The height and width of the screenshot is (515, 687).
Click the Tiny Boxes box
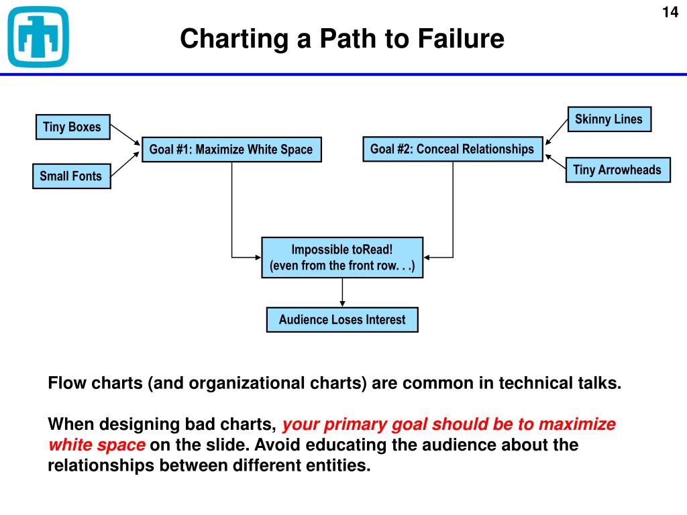[x=72, y=127]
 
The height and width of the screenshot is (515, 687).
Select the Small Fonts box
[x=71, y=176]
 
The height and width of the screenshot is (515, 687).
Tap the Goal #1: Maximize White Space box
[x=231, y=150]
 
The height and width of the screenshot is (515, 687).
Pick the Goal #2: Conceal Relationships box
[x=452, y=149]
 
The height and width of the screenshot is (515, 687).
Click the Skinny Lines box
[x=609, y=119]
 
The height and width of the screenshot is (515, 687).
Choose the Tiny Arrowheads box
[x=617, y=170]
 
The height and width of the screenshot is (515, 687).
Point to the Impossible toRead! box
[x=342, y=257]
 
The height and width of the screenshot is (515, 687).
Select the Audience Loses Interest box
[x=342, y=320]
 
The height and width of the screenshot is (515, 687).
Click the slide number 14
[x=670, y=13]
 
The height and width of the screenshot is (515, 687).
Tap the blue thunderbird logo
[x=38, y=37]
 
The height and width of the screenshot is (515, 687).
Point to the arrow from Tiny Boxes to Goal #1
[x=125, y=135]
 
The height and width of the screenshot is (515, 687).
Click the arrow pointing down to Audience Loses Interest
[x=343, y=292]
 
